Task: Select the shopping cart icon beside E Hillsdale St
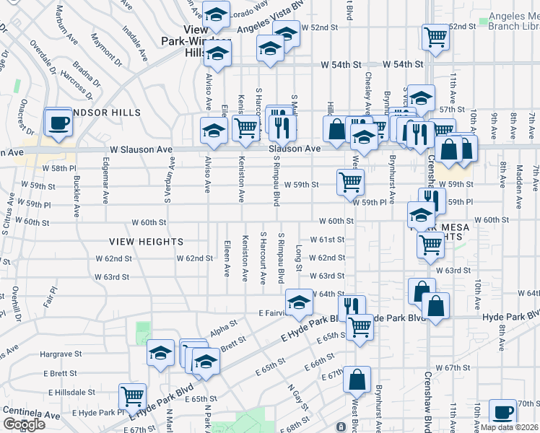tap(133, 395)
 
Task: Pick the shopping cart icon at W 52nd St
tap(435, 36)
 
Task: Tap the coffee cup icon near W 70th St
tap(502, 412)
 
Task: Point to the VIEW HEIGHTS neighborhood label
tap(147, 241)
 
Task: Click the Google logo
tap(24, 424)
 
